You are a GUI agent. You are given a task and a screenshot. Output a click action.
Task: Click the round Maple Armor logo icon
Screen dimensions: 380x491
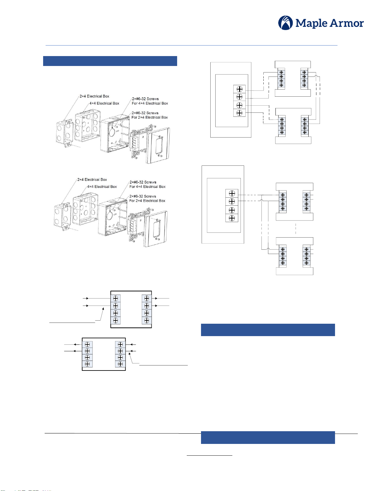[x=285, y=23]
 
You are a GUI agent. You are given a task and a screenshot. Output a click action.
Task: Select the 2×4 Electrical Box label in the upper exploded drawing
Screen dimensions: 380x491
[x=94, y=96]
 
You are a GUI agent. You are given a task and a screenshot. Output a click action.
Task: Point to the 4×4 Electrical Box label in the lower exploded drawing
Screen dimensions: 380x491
[x=102, y=186]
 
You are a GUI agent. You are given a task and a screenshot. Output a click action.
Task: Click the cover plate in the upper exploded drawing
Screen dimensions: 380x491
[x=158, y=145]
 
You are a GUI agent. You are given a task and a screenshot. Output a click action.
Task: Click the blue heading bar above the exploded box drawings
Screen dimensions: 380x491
[x=110, y=61]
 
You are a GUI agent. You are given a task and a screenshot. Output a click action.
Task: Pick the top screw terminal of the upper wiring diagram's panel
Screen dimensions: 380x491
[x=239, y=89]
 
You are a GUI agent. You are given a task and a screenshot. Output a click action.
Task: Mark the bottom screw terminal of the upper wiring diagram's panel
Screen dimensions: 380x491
[x=239, y=113]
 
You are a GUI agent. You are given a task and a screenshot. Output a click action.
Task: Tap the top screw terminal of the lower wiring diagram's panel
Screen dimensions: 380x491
[x=232, y=193]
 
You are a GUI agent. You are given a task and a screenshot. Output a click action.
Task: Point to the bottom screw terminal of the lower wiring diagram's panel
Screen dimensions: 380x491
[x=232, y=218]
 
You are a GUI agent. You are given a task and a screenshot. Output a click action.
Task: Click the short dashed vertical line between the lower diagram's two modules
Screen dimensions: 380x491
[x=296, y=229]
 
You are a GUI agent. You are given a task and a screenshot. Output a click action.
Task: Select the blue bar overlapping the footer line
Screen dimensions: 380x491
[x=268, y=437]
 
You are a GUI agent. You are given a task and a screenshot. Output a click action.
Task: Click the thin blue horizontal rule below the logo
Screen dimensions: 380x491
[x=191, y=46]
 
